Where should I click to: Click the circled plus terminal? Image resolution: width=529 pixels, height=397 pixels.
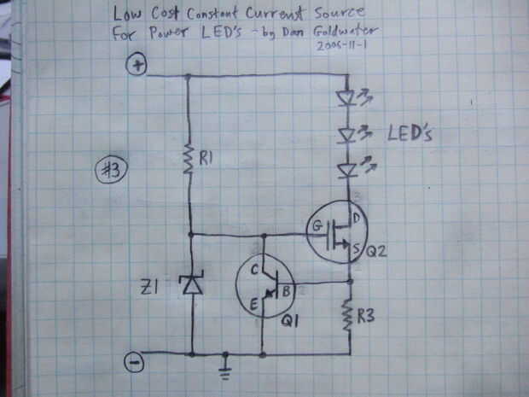[136, 65]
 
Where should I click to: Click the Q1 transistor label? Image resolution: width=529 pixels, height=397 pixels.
[290, 323]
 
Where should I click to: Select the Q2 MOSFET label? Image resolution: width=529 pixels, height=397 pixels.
[376, 252]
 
